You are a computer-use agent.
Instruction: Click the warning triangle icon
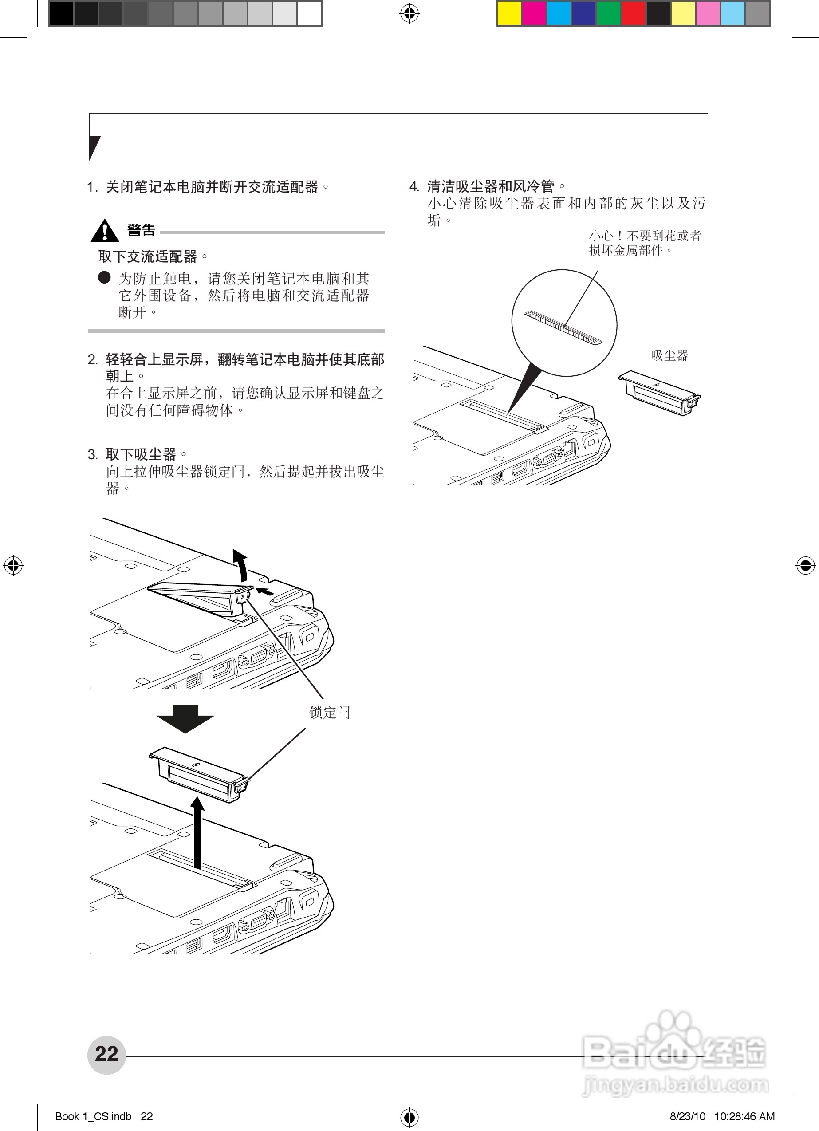pos(104,231)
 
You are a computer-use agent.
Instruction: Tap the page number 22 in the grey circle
pos(106,1054)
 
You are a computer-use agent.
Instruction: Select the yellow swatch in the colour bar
pos(509,13)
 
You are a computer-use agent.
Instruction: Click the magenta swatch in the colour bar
pos(534,13)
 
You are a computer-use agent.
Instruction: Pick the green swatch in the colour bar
pos(609,13)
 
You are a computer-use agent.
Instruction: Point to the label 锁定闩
pos(330,712)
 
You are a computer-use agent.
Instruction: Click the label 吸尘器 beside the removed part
pos(669,355)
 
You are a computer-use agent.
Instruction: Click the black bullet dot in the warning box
pos(104,278)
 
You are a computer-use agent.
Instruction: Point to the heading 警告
pos(141,230)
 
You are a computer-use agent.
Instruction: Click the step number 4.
pos(414,187)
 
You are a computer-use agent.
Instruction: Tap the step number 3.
pos(93,455)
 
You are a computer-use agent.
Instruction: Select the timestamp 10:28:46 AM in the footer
pos(744,1116)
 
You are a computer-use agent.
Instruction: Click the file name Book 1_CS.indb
pos(93,1116)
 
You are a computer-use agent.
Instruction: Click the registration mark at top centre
pos(409,14)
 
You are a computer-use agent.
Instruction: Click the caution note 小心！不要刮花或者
pos(645,235)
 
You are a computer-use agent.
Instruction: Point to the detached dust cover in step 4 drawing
pos(658,393)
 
